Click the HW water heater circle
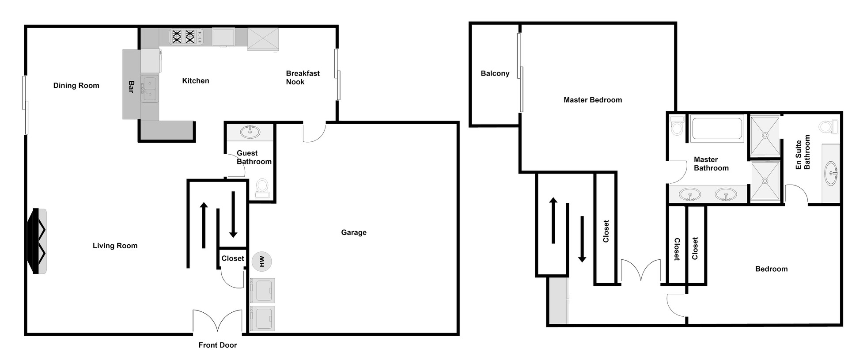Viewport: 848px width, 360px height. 262,261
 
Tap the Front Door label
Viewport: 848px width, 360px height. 217,345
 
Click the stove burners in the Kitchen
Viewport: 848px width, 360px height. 183,36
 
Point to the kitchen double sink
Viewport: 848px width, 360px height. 149,89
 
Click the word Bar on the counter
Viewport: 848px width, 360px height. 131,87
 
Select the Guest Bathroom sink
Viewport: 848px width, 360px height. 250,132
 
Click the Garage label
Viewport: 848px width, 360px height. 353,232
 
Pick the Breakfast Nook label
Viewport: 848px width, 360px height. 303,77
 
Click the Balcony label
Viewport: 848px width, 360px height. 495,73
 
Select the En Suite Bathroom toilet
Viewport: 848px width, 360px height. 828,127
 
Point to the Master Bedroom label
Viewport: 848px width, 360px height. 592,100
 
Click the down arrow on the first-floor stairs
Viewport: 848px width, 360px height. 233,214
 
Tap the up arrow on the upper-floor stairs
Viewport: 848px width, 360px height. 553,220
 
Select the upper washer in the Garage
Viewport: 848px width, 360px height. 263,289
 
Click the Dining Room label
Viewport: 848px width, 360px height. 76,85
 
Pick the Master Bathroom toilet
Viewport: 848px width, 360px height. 676,125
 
